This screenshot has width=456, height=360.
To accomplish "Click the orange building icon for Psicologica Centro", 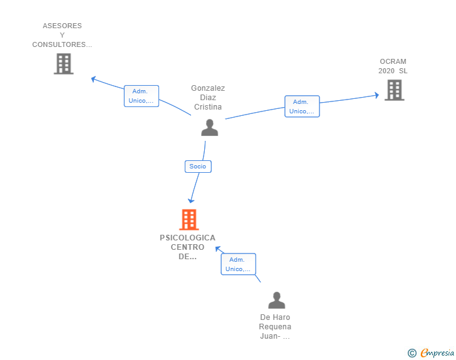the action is click(x=189, y=220).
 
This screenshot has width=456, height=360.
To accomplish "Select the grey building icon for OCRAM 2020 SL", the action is click(x=395, y=90).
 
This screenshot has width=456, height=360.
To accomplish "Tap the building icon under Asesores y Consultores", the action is click(x=64, y=64).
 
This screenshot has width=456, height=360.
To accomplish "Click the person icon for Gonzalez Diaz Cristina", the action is click(x=209, y=127).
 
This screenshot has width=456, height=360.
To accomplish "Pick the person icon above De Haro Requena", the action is click(x=277, y=300).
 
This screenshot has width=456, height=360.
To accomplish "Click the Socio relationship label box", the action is click(x=198, y=167).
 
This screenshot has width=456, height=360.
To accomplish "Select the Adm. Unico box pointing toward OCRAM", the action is click(x=302, y=106).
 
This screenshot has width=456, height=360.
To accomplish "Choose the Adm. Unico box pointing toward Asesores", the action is click(x=142, y=96).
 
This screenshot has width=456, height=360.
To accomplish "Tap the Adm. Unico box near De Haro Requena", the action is click(x=239, y=264).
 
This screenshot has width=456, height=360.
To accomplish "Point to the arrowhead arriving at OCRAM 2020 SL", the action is click(x=377, y=95).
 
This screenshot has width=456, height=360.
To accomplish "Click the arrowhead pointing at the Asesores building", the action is click(x=93, y=79).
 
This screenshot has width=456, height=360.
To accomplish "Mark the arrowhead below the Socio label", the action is click(x=191, y=200).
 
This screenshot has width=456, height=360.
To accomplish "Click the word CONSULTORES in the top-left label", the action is click(x=59, y=44).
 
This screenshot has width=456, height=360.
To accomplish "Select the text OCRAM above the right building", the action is click(x=393, y=61).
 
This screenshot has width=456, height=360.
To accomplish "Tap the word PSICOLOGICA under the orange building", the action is click(x=187, y=237).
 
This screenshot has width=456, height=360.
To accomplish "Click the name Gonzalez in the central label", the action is click(x=208, y=88).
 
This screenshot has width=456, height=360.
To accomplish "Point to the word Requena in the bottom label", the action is click(x=275, y=327).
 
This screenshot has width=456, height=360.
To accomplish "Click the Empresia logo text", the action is click(x=437, y=353).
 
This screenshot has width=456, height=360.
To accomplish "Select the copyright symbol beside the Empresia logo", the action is click(x=412, y=353).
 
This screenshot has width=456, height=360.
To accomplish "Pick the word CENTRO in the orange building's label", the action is click(x=187, y=247).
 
